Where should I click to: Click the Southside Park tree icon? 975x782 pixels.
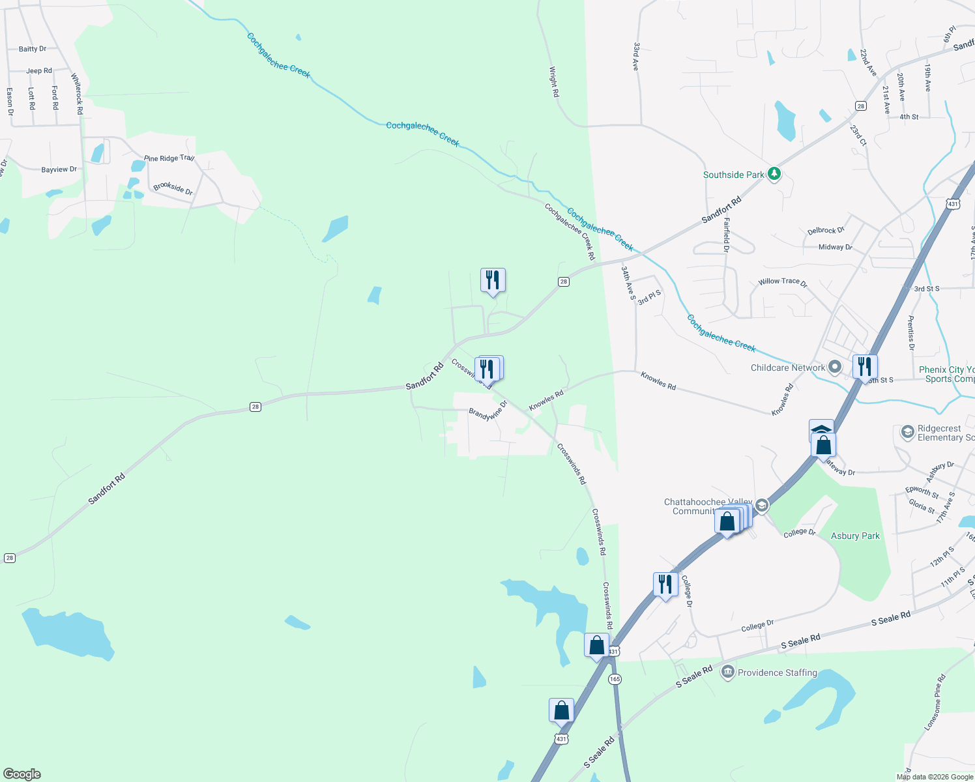point(774,174)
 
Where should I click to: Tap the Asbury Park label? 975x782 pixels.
point(855,536)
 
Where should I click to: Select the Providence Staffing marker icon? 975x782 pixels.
point(728,672)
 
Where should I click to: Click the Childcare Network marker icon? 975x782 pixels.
point(836,368)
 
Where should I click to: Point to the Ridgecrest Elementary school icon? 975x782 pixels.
point(907,432)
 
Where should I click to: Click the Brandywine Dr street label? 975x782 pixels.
point(487,414)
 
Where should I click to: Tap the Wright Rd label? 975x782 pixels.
point(554,82)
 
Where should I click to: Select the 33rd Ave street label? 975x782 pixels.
point(636,57)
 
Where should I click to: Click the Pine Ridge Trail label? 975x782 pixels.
point(169,158)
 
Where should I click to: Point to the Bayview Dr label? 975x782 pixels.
point(59,169)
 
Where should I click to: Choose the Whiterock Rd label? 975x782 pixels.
point(78,94)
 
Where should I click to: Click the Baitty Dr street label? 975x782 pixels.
point(33,49)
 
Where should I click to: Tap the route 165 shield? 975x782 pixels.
point(615,679)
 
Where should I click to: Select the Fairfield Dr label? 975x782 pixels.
point(726,235)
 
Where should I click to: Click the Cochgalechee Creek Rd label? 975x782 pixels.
point(570,232)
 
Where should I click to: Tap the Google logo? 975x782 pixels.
point(22,774)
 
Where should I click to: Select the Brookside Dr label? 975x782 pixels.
point(173,188)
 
